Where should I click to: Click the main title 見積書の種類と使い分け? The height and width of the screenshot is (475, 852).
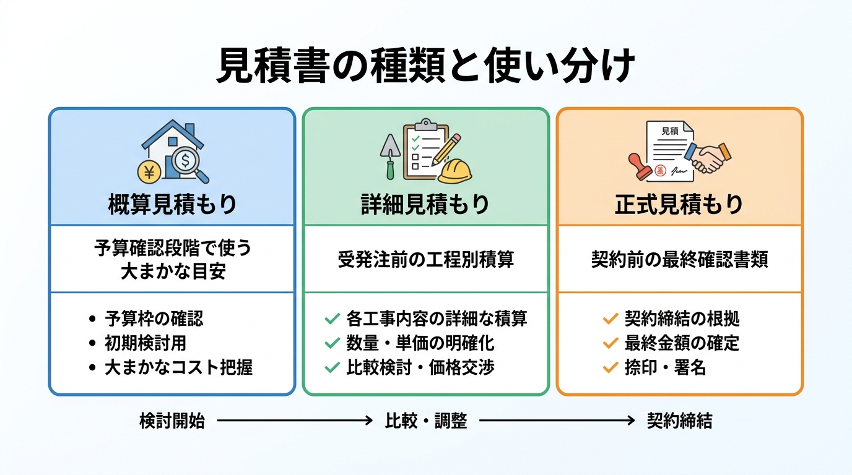tap(425, 66)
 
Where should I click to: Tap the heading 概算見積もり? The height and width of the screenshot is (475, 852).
tap(172, 205)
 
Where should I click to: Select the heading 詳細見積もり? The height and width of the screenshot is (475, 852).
tap(425, 205)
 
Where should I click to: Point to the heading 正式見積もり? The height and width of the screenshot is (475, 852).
tap(679, 205)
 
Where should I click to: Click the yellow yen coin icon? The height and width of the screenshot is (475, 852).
tap(149, 172)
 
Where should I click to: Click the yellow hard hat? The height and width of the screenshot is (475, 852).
tap(455, 171)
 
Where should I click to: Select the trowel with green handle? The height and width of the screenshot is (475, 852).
tap(390, 156)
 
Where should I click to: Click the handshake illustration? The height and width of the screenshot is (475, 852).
tap(708, 157)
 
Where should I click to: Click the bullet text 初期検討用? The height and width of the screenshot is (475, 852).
tap(146, 343)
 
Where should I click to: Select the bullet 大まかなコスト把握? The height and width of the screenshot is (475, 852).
tap(178, 367)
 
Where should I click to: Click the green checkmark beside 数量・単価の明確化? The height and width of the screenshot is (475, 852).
tap(332, 343)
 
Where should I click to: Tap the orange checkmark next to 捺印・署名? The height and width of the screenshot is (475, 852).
tap(611, 367)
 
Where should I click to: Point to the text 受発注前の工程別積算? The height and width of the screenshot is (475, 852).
tap(425, 260)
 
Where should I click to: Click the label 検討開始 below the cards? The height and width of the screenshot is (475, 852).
tap(172, 421)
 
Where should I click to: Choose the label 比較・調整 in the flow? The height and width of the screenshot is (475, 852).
tap(425, 421)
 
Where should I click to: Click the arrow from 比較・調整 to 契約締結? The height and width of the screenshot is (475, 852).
tap(557, 421)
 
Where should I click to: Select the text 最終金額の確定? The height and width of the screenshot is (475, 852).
tap(682, 343)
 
